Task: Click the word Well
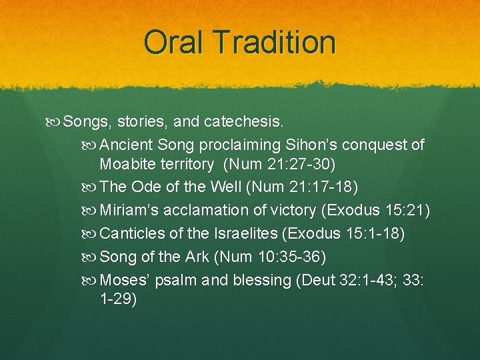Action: coord(227,187)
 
